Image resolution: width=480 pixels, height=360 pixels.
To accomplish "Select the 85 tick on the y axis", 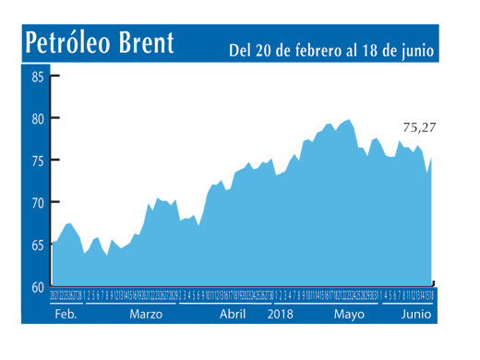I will (x=37, y=76).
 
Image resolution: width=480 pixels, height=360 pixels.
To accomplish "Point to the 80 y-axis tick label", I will (x=37, y=118).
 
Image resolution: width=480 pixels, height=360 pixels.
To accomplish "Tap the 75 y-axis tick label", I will (x=37, y=161).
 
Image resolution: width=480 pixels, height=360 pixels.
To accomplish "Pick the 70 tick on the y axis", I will (x=37, y=202).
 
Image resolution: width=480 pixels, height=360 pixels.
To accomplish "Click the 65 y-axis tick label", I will (x=37, y=245).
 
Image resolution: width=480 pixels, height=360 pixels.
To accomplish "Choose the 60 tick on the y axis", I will (x=37, y=287).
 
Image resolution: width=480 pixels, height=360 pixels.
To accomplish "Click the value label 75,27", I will (x=420, y=128).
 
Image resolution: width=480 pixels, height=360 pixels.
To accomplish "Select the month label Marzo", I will (x=147, y=314).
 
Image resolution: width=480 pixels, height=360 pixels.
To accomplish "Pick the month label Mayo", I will (x=349, y=314).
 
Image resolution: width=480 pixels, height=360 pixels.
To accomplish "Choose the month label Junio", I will (x=416, y=314).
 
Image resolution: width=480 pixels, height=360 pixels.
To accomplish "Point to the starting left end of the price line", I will (x=51, y=244).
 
